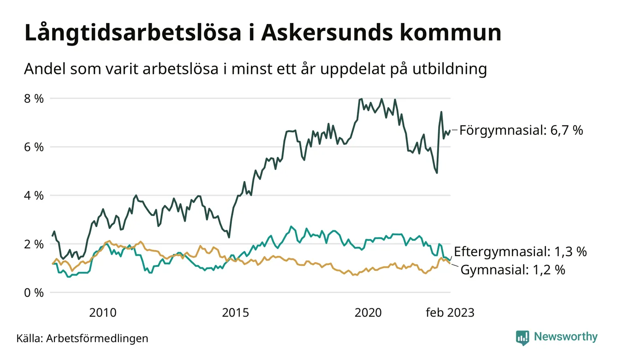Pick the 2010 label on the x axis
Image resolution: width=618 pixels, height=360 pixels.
(x=103, y=312)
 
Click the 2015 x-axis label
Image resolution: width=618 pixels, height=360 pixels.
(x=236, y=312)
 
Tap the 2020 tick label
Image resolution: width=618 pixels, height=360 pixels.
(x=368, y=312)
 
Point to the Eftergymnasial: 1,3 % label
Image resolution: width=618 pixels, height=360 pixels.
(x=520, y=252)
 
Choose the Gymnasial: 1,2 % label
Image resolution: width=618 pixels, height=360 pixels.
(x=513, y=270)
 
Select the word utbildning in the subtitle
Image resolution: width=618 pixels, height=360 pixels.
(x=445, y=69)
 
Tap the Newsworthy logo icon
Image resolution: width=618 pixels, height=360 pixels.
(x=523, y=337)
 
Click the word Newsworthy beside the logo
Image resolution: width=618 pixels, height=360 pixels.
(x=565, y=337)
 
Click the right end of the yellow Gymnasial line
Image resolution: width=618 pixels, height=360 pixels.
(x=450, y=263)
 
